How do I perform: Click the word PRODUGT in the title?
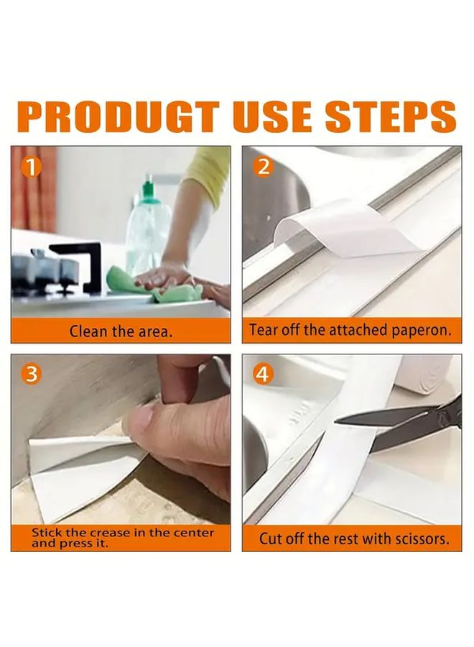pyautogui.click(x=118, y=117)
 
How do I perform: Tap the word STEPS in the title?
pyautogui.click(x=391, y=117)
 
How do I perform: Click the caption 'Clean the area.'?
pyautogui.click(x=121, y=331)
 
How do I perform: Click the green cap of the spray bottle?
pyautogui.click(x=148, y=188)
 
